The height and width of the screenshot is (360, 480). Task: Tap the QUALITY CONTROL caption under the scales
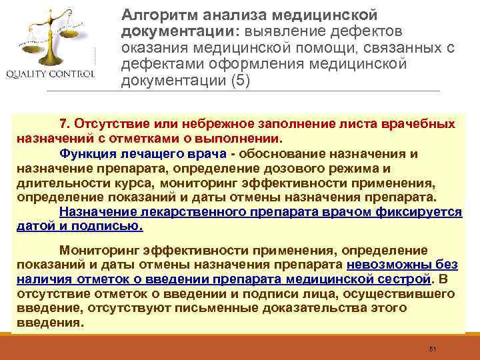click(51, 73)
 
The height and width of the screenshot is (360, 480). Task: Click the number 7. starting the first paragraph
click(65, 125)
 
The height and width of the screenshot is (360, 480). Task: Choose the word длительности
click(56, 183)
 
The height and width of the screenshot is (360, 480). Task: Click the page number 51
click(432, 349)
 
